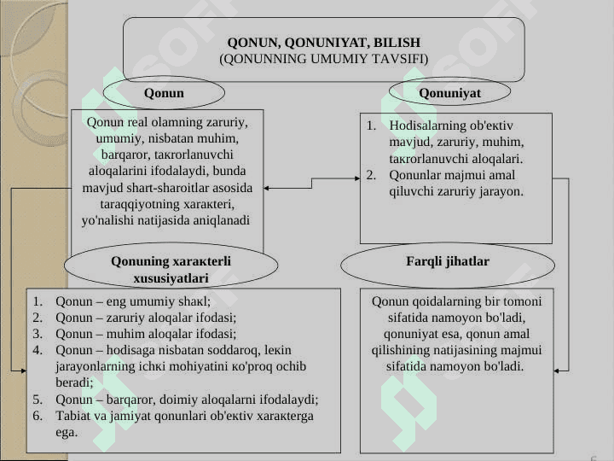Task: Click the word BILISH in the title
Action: pyautogui.click(x=397, y=43)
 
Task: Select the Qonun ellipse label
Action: pyautogui.click(x=164, y=93)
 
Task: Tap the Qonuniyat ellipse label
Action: pyautogui.click(x=449, y=93)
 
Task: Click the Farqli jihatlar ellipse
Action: pyautogui.click(x=448, y=265)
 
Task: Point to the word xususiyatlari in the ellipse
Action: pyautogui.click(x=171, y=278)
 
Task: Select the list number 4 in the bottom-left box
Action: pyautogui.click(x=38, y=350)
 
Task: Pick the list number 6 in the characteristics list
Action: pyautogui.click(x=38, y=416)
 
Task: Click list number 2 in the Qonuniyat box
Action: pyautogui.click(x=371, y=175)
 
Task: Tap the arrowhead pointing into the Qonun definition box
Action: pyautogui.click(x=265, y=188)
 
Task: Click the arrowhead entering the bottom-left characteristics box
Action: pyautogui.click(x=24, y=371)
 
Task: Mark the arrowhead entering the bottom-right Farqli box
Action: pyautogui.click(x=556, y=371)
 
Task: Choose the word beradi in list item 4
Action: pyautogui.click(x=72, y=382)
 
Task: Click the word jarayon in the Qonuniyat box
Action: pyautogui.click(x=501, y=192)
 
